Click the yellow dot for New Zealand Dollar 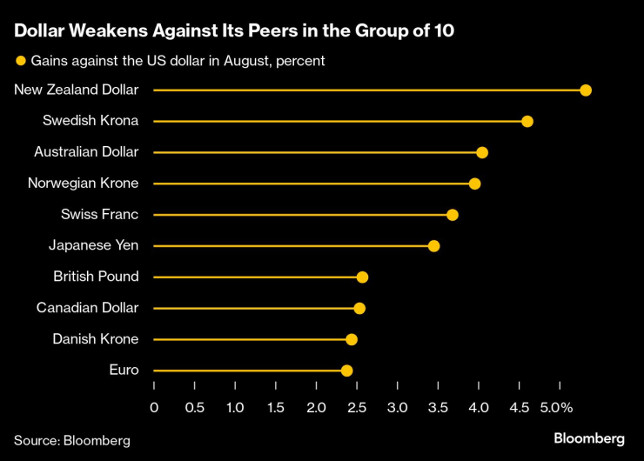[x=586, y=90]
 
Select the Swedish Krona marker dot [x=527, y=121]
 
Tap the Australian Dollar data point [x=482, y=153]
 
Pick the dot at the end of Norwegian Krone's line [x=474, y=184]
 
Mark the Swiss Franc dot [x=452, y=215]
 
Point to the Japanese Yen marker [x=433, y=246]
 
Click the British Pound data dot [x=362, y=277]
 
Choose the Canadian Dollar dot [x=359, y=309]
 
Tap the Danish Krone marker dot [x=352, y=339]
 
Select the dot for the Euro [x=346, y=371]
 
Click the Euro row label [x=124, y=370]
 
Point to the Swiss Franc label [x=99, y=214]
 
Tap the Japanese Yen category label [x=93, y=245]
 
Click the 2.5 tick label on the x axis [x=357, y=407]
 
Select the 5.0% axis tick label [x=555, y=407]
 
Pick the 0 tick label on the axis [x=154, y=407]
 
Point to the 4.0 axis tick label [x=479, y=407]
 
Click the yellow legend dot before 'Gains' [x=20, y=61]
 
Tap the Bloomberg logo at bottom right [x=589, y=438]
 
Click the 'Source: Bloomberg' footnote [x=72, y=440]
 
